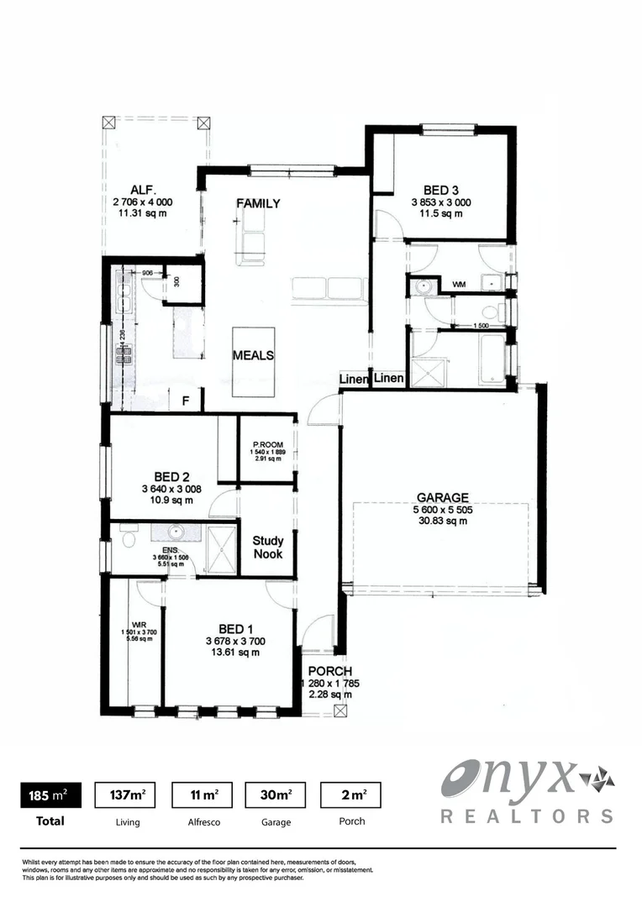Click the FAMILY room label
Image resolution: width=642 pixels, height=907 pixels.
coord(258,204)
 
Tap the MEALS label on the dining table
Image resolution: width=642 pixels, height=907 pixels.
coord(253,355)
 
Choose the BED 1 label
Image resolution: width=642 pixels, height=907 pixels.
coord(236,629)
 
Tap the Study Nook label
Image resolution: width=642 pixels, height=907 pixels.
coord(268,548)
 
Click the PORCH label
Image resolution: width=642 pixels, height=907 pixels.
coord(329,671)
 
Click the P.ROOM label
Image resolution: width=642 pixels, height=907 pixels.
coord(267,444)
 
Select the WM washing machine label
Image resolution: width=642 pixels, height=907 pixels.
coord(459,286)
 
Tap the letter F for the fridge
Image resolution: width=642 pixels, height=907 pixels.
coord(186,401)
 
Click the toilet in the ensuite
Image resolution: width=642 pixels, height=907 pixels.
coord(127,534)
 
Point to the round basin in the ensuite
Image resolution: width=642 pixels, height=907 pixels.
coord(176,532)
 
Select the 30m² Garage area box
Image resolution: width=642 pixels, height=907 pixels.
coord(276,794)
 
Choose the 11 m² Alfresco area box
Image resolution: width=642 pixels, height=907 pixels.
coord(202,794)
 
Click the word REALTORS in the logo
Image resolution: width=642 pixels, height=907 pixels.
coord(527,815)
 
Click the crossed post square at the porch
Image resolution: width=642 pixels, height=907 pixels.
coord(339,710)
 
